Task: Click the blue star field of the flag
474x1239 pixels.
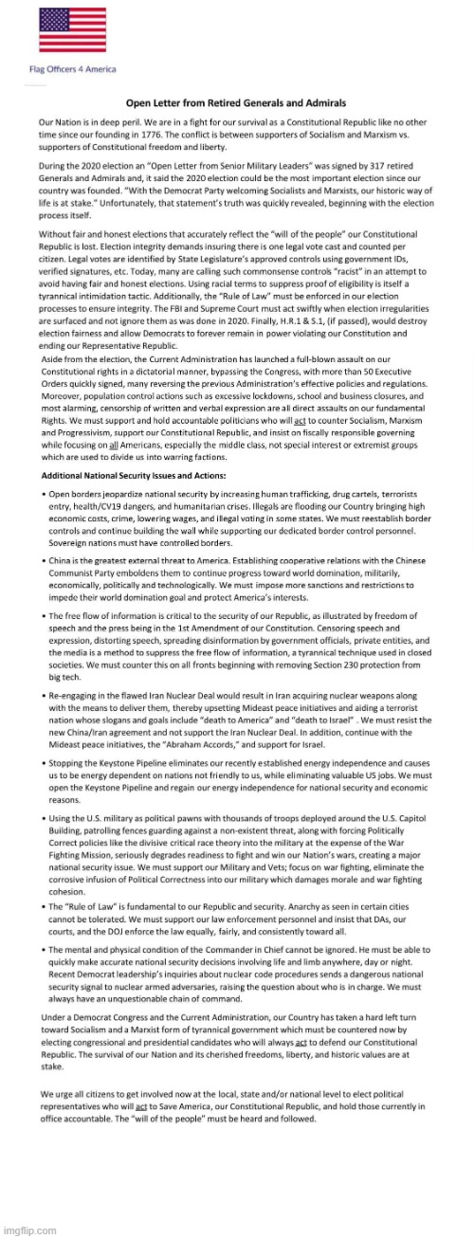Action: (53, 20)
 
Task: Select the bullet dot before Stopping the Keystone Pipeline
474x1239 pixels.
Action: (43, 760)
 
